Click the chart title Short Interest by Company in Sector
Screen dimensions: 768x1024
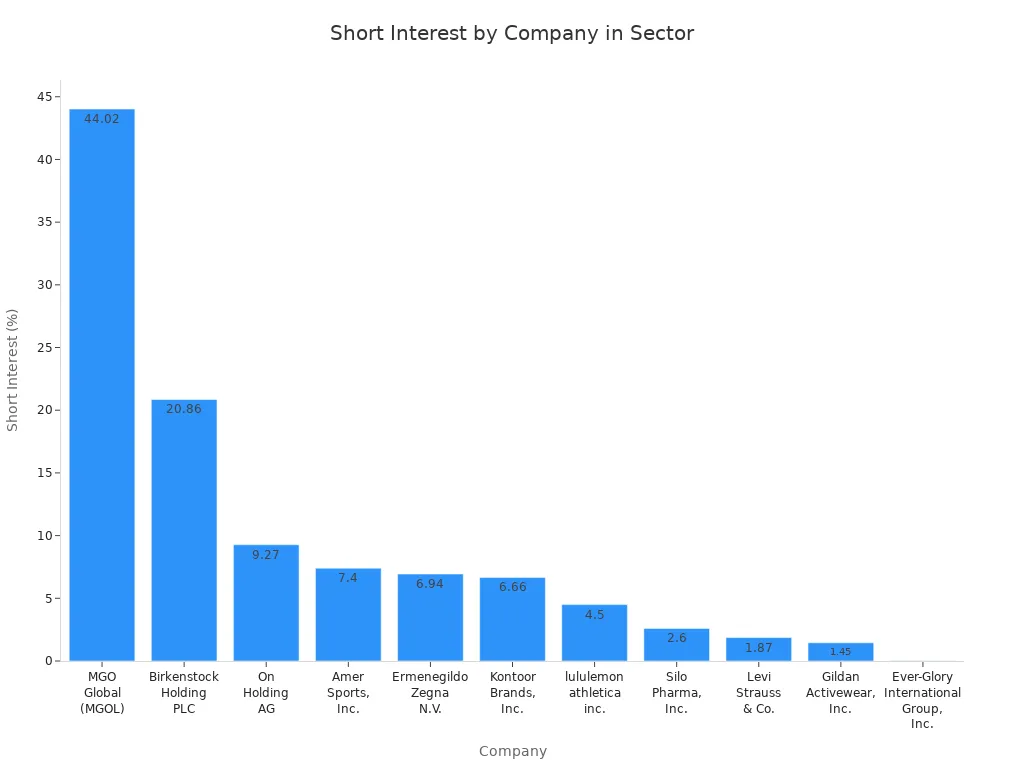coord(512,33)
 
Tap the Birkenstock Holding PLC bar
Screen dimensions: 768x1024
coord(184,530)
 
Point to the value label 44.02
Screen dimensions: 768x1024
coord(102,119)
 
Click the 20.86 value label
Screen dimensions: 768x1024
coord(184,409)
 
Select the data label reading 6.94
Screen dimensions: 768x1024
coord(430,584)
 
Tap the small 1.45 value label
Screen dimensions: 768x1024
coord(840,652)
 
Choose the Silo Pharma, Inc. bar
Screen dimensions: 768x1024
coord(676,645)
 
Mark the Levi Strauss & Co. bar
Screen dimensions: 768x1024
coord(758,649)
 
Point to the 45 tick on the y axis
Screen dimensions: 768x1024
coord(45,97)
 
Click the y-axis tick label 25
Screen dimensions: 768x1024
coord(45,348)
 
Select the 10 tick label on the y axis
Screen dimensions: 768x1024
coord(45,536)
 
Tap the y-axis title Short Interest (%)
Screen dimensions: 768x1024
coord(13,370)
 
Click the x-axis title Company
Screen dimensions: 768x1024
coord(512,751)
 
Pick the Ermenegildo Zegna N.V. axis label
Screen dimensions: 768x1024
coord(430,693)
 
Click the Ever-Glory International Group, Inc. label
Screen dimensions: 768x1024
coord(922,700)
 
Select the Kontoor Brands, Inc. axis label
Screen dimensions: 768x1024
coord(512,693)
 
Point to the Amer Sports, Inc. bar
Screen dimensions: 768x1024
coord(348,615)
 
